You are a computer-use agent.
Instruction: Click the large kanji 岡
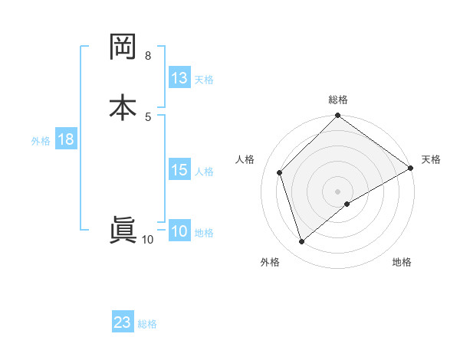tap(123, 48)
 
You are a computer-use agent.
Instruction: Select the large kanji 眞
tap(123, 231)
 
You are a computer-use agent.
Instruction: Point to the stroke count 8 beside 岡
tap(148, 56)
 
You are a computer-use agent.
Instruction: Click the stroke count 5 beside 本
tap(148, 116)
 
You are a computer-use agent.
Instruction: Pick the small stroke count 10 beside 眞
tap(148, 240)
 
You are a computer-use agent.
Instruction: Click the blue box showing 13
tap(179, 78)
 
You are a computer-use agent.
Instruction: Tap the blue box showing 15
tap(179, 170)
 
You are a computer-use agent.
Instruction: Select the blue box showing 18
tap(65, 139)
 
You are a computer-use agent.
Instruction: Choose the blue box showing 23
tap(123, 322)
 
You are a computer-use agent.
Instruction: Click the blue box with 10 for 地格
tap(179, 231)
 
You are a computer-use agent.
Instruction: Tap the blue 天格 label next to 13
tap(204, 80)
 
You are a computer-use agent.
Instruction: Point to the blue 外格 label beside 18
tap(41, 141)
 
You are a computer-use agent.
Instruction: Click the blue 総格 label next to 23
tap(148, 324)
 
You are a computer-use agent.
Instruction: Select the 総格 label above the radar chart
tap(338, 100)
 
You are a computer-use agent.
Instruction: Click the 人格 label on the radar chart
tap(245, 159)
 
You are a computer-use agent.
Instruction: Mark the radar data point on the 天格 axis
tap(411, 169)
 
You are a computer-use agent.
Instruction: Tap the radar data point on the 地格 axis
tap(347, 204)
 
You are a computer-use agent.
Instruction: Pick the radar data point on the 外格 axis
tap(301, 242)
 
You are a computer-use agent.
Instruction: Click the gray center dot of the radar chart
tap(338, 191)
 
